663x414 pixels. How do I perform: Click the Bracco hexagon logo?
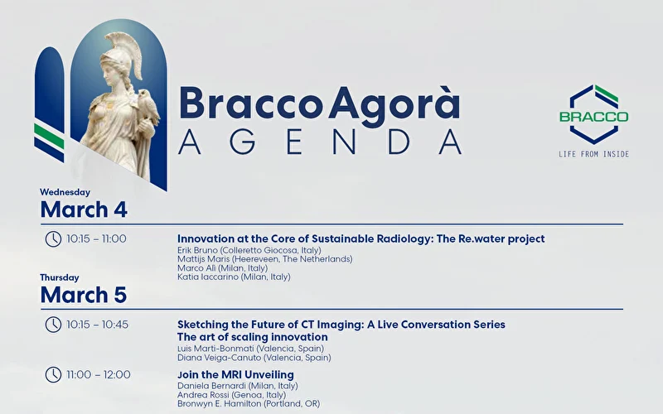[593, 113]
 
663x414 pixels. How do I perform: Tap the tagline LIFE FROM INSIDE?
[593, 154]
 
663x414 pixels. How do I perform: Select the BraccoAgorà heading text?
[319, 103]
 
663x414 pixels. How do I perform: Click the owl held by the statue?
[150, 105]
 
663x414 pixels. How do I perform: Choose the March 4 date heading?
[84, 209]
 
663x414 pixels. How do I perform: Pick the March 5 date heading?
[84, 294]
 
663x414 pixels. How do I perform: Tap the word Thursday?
[60, 277]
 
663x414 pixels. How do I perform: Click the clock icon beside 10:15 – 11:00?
[53, 238]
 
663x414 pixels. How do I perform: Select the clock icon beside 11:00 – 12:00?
[53, 374]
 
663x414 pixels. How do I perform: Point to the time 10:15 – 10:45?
[98, 325]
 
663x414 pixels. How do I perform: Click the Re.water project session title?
[361, 238]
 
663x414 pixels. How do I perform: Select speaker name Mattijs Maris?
[264, 259]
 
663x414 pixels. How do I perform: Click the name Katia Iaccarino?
[234, 277]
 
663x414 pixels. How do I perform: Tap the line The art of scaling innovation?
[253, 337]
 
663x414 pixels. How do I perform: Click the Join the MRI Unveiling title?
[235, 375]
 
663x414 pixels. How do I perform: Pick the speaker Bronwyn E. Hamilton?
[249, 403]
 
